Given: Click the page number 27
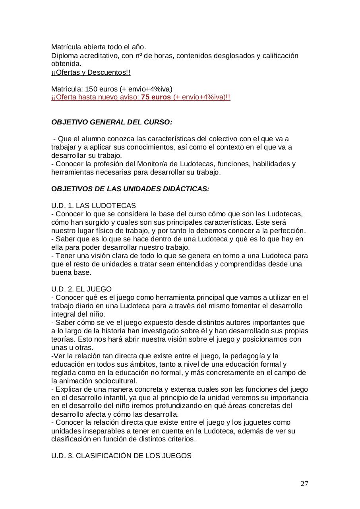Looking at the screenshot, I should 304,484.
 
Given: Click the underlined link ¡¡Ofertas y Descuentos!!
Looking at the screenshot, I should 91,72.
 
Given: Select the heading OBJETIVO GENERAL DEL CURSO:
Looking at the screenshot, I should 112,122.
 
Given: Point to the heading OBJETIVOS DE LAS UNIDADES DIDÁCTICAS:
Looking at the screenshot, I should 130,189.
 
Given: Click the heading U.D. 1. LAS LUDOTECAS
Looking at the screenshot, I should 93,206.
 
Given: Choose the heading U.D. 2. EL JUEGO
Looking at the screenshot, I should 81,289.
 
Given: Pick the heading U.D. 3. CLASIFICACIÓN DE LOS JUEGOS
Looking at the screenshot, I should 121,456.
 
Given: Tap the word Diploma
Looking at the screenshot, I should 65,56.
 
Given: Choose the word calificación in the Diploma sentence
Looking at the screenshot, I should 280,56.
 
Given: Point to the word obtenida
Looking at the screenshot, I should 66,64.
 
